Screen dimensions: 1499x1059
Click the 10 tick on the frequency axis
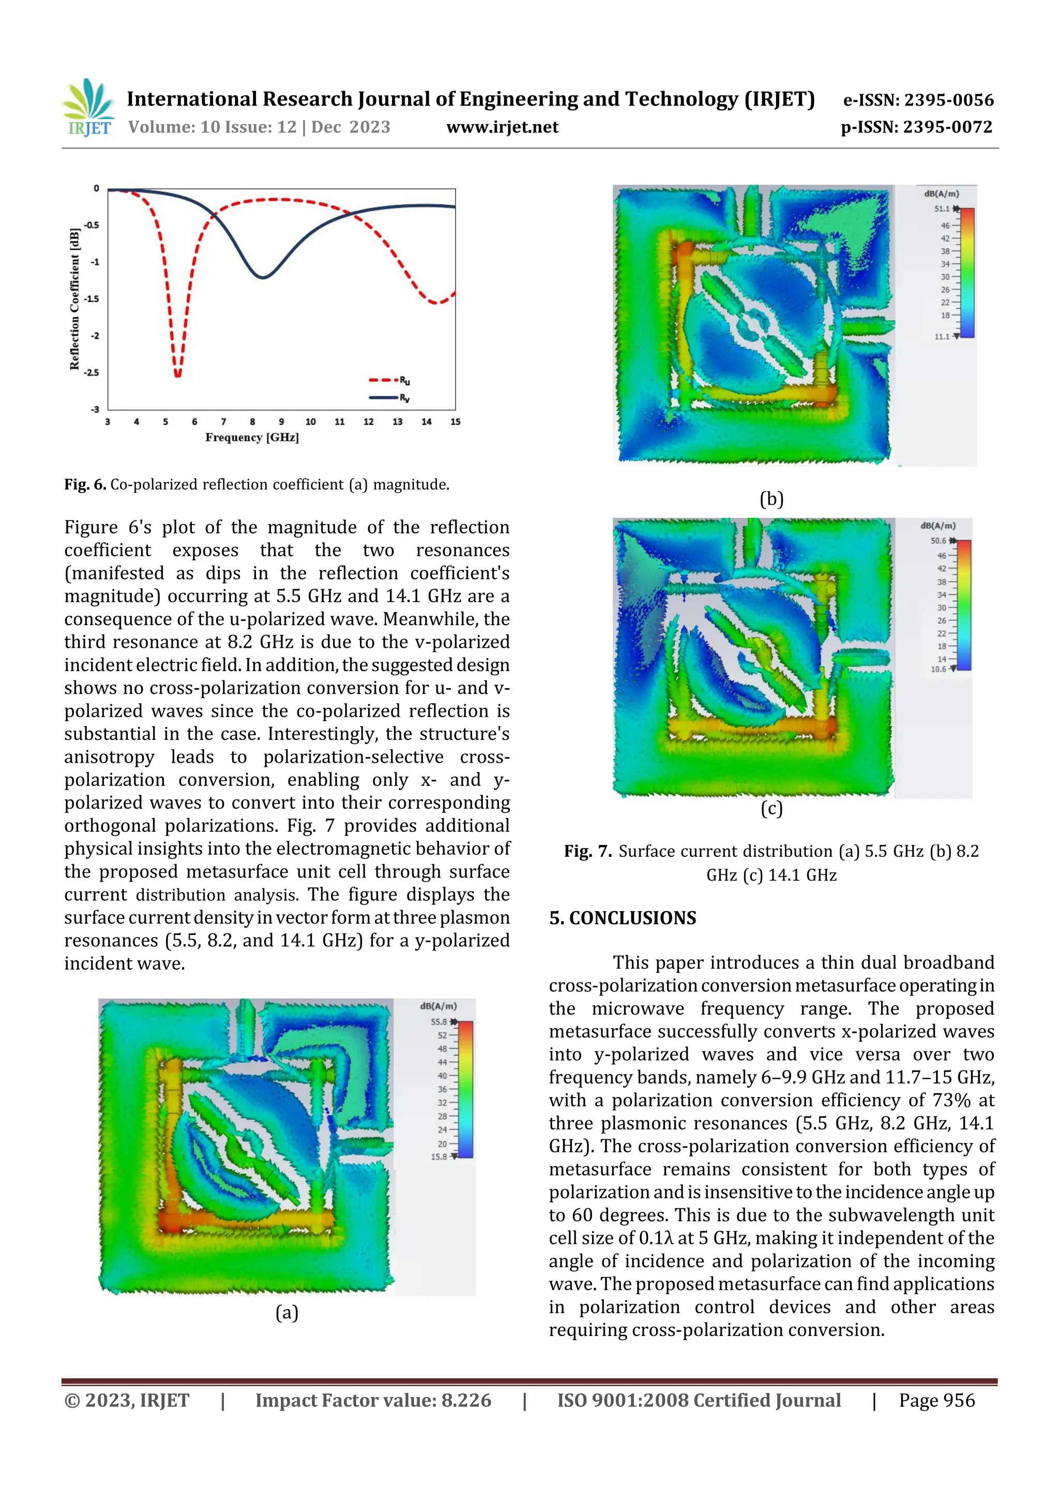point(311,422)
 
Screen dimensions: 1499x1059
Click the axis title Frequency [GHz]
point(252,437)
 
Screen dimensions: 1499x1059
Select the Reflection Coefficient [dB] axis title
point(74,299)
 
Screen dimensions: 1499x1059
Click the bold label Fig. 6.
point(85,484)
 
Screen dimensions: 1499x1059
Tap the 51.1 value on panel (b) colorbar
point(942,209)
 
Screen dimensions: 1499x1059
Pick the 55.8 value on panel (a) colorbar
point(438,1022)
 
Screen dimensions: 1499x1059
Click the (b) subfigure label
point(771,499)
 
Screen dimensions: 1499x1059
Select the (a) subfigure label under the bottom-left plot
point(286,1312)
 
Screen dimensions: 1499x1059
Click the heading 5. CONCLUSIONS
point(623,918)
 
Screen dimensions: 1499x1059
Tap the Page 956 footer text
point(936,1400)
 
